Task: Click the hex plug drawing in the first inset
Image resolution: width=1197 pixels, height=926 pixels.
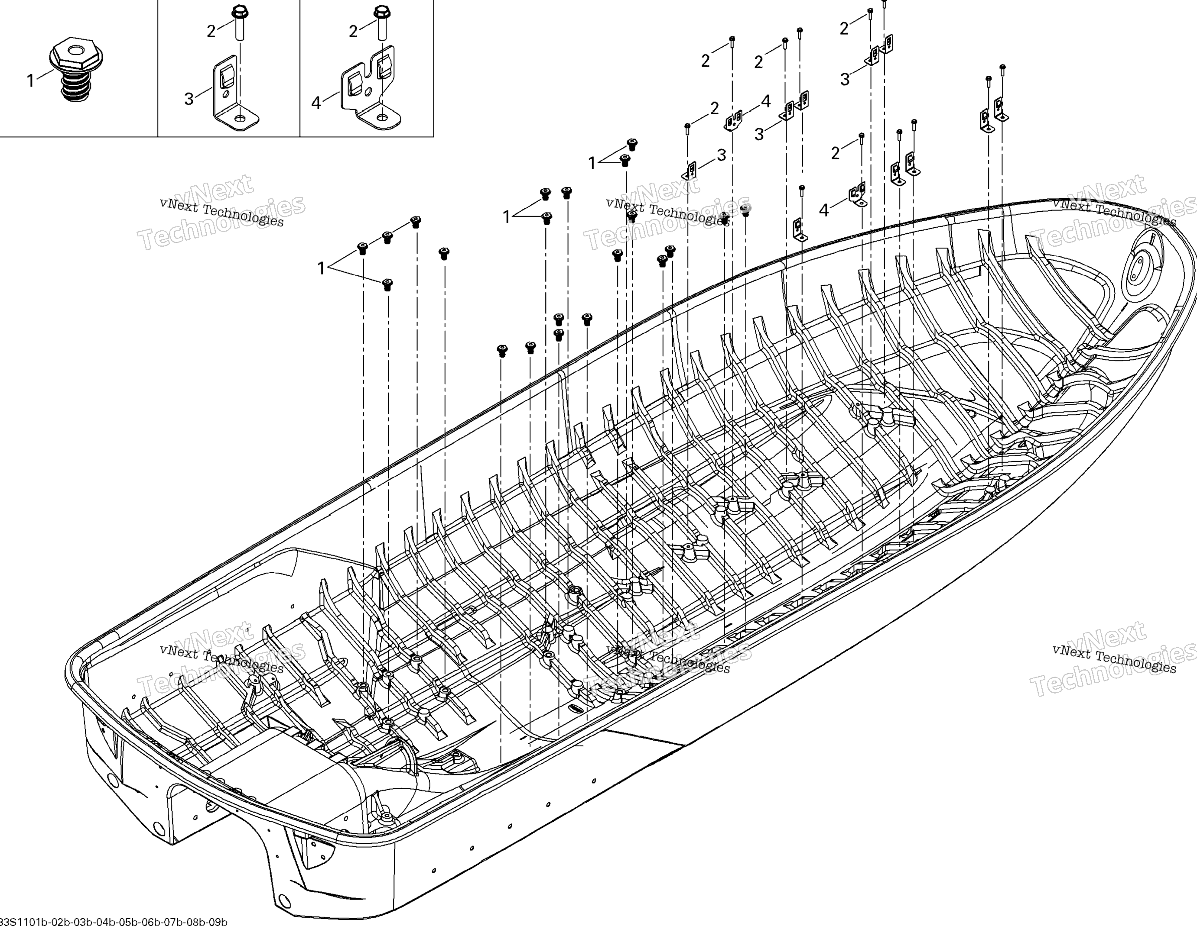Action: point(76,68)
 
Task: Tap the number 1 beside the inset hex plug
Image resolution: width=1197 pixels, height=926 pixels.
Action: point(31,81)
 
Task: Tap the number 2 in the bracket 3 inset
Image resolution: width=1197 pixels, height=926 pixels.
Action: point(211,32)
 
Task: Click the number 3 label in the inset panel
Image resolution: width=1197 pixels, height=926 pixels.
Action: point(189,99)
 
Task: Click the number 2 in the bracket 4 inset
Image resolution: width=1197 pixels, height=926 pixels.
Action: point(354,32)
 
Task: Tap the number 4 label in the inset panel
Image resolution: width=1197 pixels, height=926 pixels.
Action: point(316,103)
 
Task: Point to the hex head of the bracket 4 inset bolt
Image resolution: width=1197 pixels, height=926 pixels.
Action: point(380,11)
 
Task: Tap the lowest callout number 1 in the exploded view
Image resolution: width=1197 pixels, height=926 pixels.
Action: point(322,268)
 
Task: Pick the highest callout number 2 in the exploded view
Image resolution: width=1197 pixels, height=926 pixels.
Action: point(844,28)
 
